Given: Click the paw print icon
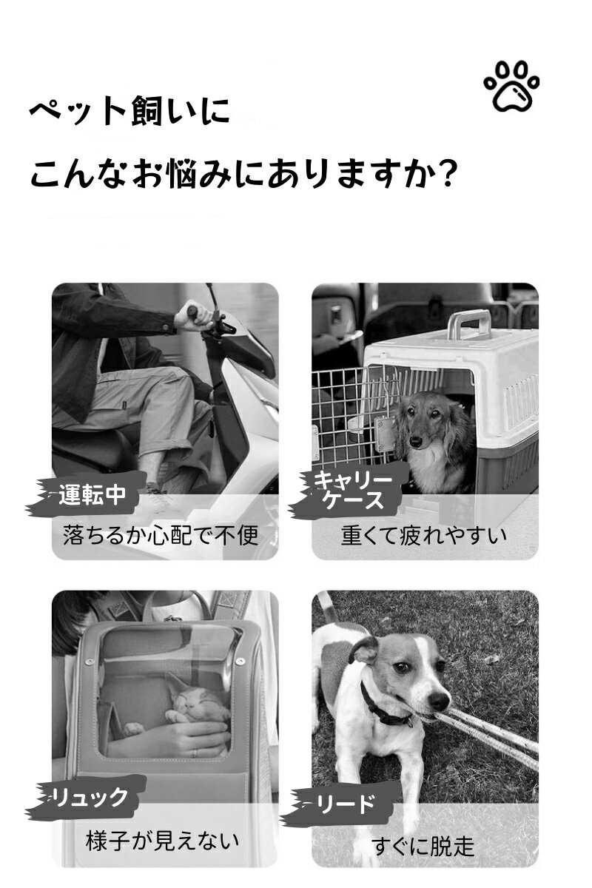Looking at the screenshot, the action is pos(511,86).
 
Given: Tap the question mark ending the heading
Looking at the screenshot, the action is pos(447,173).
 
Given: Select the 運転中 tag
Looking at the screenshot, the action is pos(92,494).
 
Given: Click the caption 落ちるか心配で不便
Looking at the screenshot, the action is pos(161,535).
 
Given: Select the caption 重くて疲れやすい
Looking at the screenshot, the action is pos(423,535).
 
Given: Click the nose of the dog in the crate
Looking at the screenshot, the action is pos(416,441).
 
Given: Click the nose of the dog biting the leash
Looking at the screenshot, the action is pos(440,702).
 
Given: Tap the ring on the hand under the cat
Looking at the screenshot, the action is pos(195,753).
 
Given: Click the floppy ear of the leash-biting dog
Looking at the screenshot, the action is pos(363,651).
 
